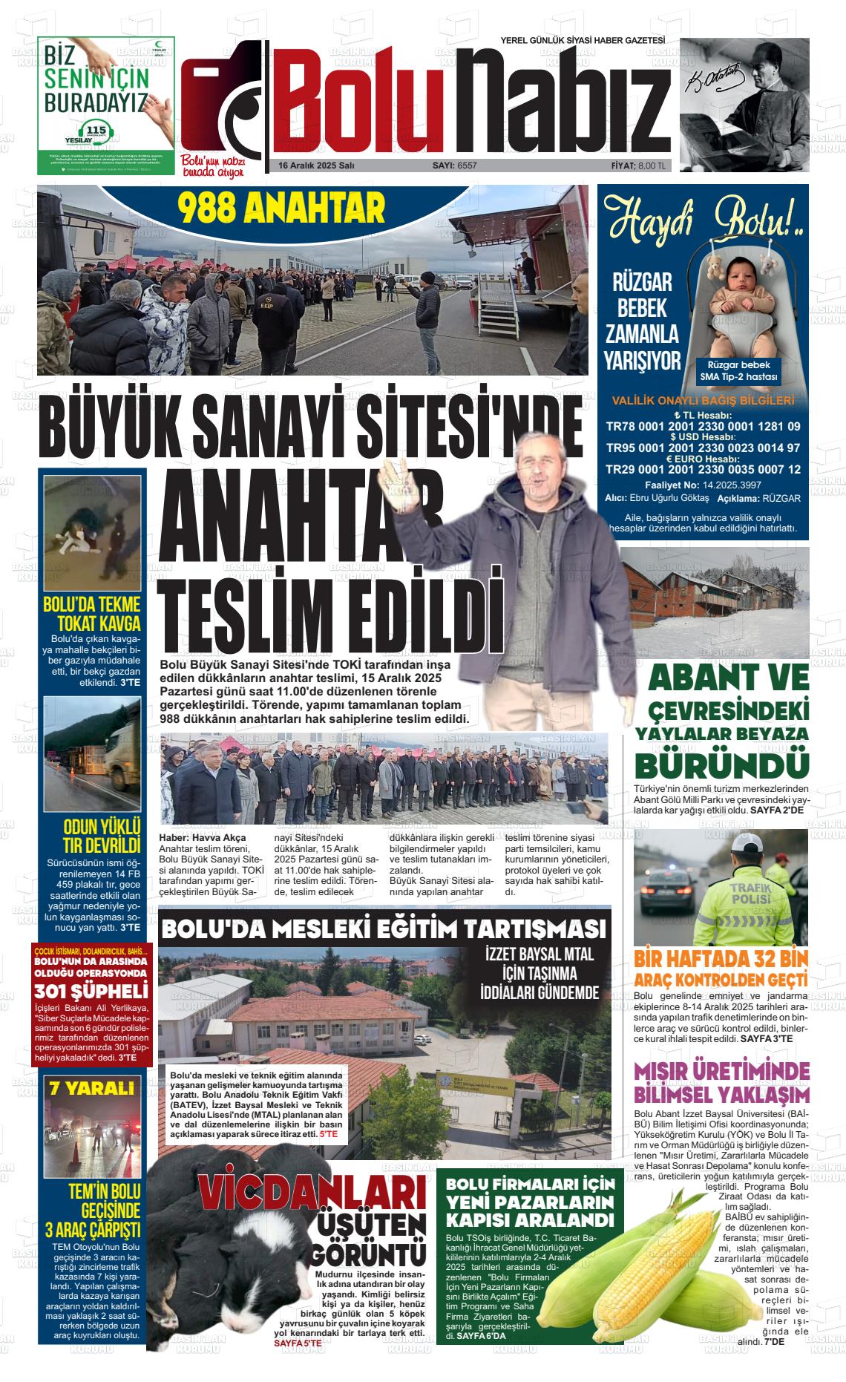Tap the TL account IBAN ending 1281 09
click(x=703, y=427)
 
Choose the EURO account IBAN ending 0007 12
click(x=703, y=470)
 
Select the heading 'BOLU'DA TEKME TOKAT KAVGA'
click(x=92, y=613)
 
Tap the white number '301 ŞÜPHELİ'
click(x=91, y=990)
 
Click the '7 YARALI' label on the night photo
click(x=91, y=1089)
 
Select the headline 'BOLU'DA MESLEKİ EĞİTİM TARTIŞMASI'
click(x=383, y=929)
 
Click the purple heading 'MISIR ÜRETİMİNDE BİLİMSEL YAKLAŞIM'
click(x=721, y=1083)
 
